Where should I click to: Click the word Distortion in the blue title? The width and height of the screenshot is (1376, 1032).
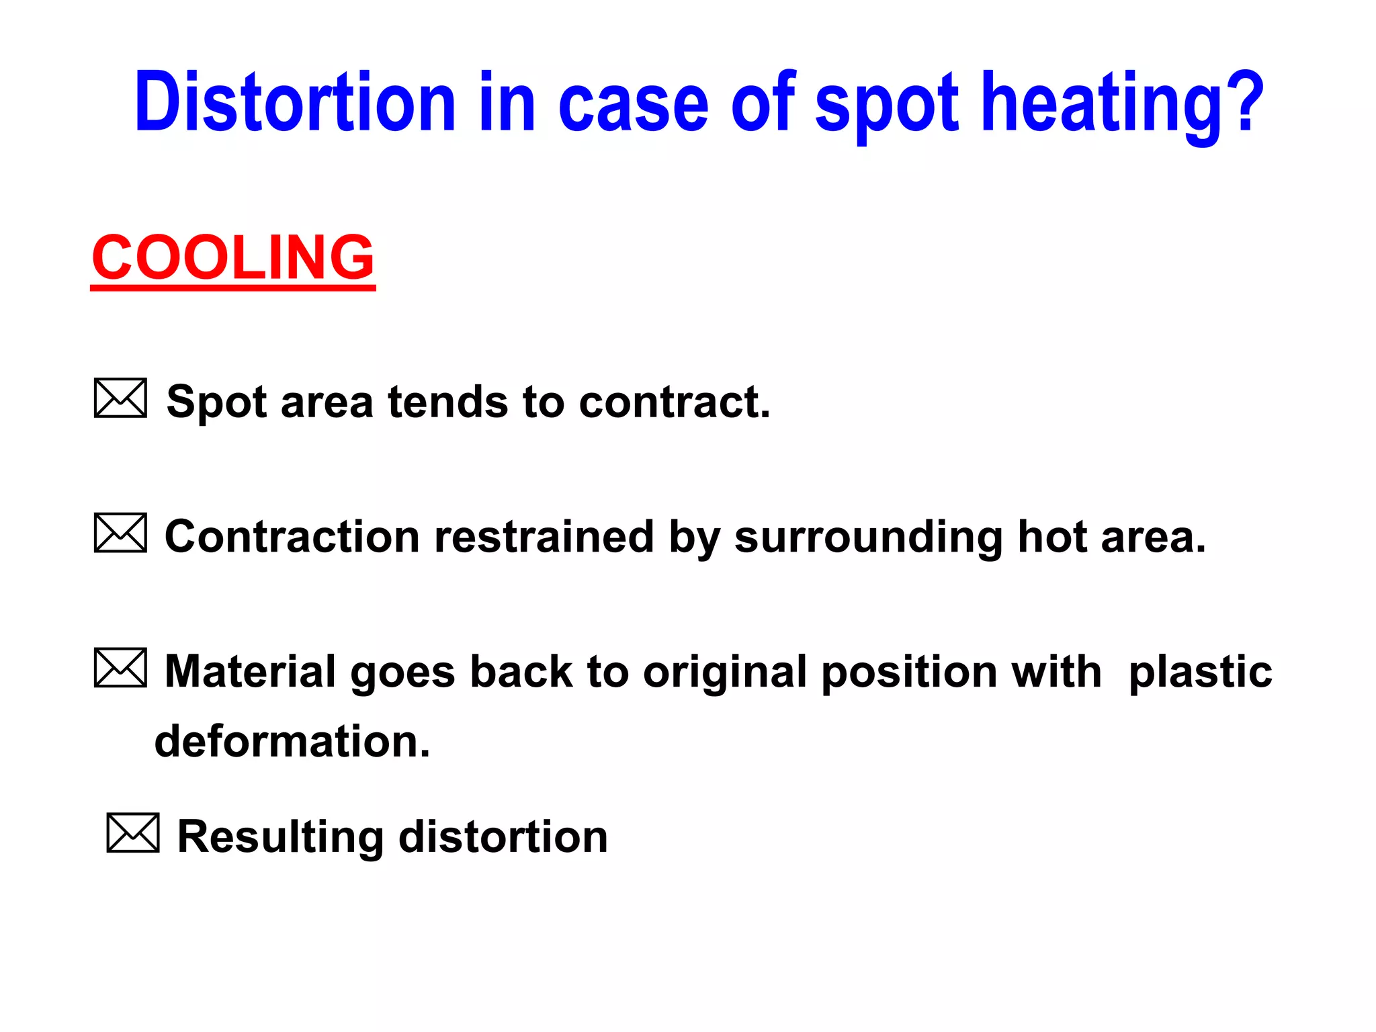point(295,103)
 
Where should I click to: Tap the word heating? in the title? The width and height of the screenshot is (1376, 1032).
point(1122,103)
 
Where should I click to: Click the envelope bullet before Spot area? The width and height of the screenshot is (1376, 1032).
point(120,398)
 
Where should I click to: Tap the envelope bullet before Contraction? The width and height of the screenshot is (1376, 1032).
point(120,533)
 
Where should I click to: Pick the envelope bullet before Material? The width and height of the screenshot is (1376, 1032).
point(120,668)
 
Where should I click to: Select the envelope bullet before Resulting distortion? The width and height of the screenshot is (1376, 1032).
point(133,833)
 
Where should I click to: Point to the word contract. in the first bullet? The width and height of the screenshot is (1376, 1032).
point(675,402)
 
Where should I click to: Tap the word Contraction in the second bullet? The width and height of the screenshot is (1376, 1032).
point(292,537)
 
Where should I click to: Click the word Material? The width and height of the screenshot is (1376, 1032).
point(250,672)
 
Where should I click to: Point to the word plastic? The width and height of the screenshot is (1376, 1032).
point(1200,673)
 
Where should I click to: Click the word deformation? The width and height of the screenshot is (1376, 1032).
point(292,742)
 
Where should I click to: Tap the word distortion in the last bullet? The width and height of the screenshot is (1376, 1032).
point(503,837)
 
